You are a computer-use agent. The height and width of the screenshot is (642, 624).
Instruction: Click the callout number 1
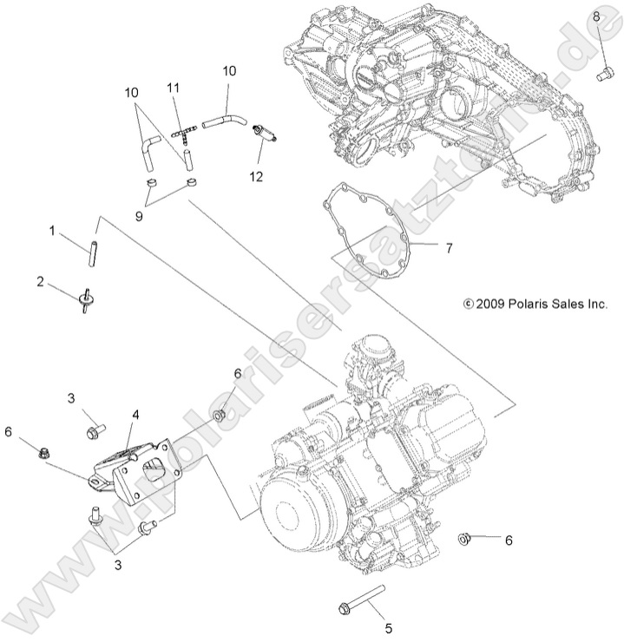tap(52, 232)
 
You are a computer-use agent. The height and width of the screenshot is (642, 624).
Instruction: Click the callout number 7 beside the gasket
tap(448, 248)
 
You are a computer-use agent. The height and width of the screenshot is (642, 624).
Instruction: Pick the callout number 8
tap(596, 16)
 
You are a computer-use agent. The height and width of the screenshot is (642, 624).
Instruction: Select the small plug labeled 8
tap(600, 75)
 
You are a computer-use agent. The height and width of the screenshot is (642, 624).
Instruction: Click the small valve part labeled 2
tap(85, 300)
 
